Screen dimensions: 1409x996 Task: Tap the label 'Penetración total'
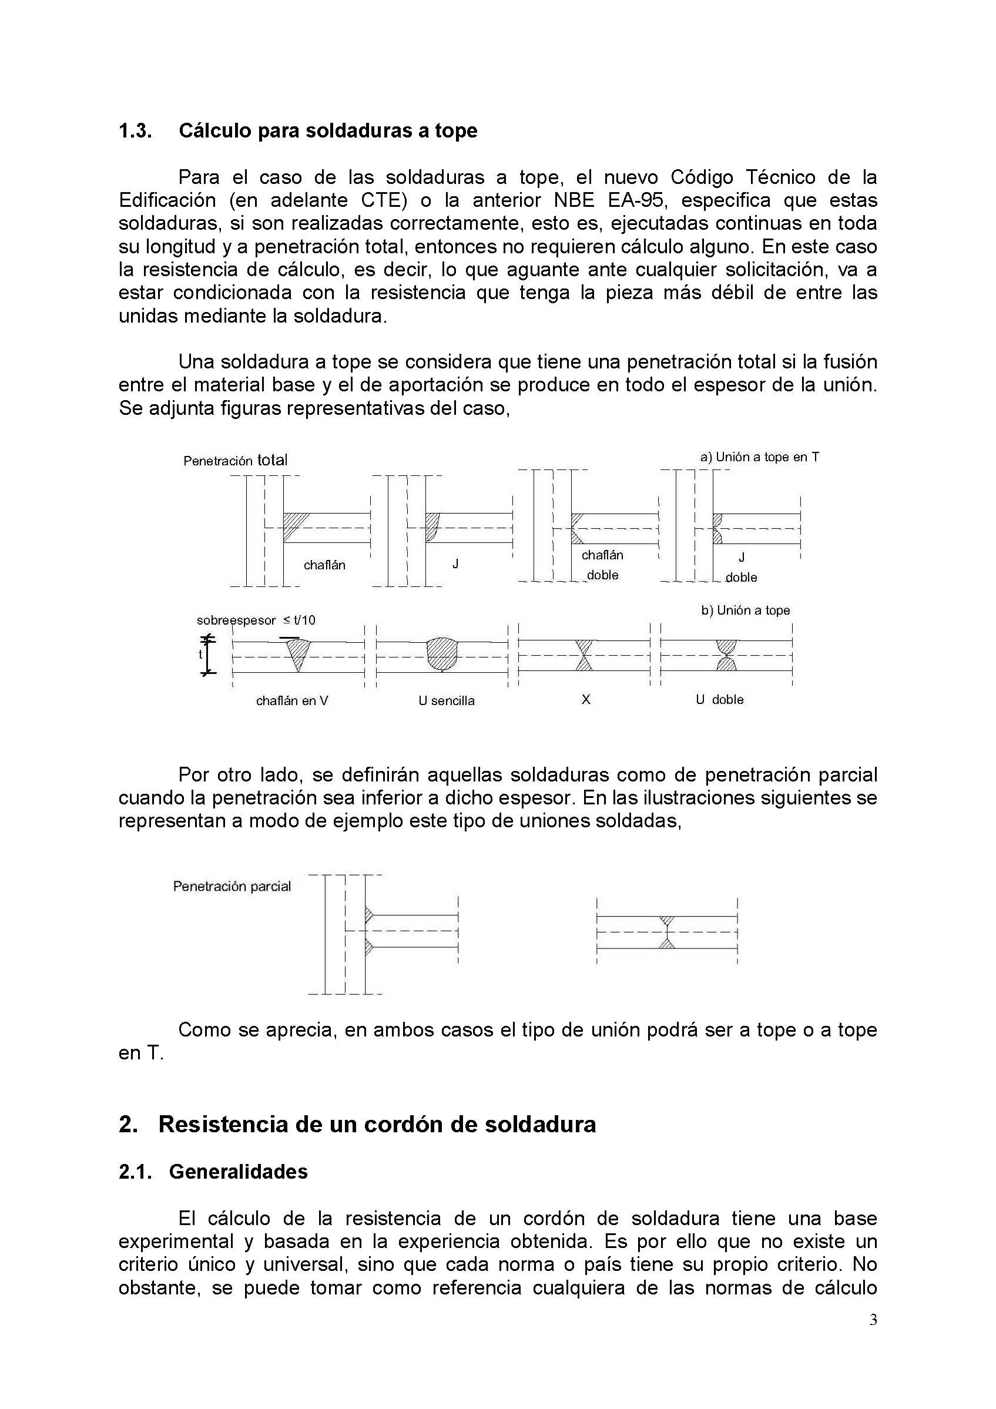tap(235, 460)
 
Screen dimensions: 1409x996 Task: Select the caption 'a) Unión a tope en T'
tap(759, 457)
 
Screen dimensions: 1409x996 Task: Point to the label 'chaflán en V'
tap(292, 700)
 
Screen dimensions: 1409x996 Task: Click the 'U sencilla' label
tap(446, 700)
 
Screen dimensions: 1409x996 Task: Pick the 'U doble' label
tap(719, 699)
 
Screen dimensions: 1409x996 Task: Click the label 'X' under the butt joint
tap(585, 699)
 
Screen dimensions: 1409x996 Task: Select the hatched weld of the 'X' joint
tap(584, 655)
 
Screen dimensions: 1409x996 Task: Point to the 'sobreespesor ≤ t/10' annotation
tap(256, 620)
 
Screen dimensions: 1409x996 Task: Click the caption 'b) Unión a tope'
tap(745, 610)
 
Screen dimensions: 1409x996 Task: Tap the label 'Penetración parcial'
tap(232, 886)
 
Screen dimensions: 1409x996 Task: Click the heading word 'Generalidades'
tap(238, 1172)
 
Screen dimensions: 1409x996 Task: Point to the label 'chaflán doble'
tap(602, 565)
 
